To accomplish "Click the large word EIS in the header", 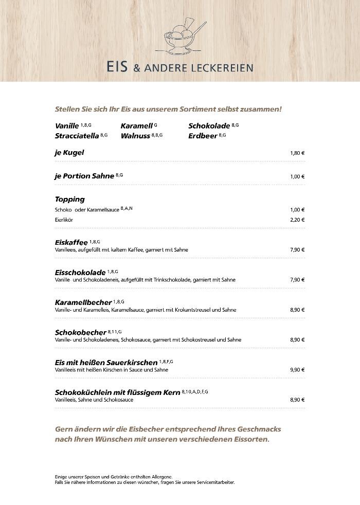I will coord(117,67).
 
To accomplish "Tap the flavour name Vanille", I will coord(67,126).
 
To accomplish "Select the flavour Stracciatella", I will coord(77,136).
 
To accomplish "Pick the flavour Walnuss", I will coord(135,136).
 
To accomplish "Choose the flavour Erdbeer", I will coord(203,136).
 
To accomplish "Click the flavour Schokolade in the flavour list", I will coord(209,126).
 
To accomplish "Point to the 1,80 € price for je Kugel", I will coord(297,153).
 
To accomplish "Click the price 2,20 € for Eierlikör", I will coord(297,220).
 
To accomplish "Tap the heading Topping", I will coord(70,199).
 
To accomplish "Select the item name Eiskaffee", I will coord(71,242).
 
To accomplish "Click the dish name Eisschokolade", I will coord(80,272).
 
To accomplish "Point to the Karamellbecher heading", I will coord(83,302).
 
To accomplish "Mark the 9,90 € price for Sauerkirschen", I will coord(297,370).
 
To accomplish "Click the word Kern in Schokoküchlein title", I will coord(171,392).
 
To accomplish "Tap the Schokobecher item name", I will coord(81,332).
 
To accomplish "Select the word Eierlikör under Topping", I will coord(64,220).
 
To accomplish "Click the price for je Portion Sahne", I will coord(297,176).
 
